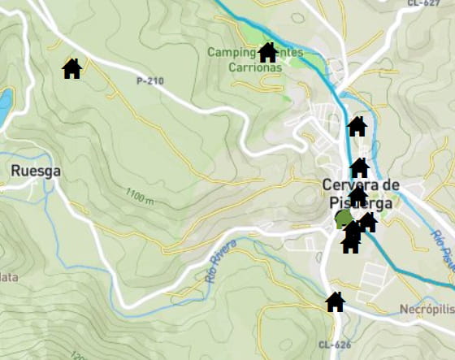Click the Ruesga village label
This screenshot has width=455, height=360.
point(37,171)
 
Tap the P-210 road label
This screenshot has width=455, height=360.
point(150,80)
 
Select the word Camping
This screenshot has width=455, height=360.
point(232,53)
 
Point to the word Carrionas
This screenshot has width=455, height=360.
point(256,67)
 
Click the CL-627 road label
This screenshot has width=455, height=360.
point(421,3)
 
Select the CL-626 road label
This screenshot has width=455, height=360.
point(335,345)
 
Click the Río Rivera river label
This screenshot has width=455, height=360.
point(221,260)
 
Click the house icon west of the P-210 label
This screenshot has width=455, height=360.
point(72,68)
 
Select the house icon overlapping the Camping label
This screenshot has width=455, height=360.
point(267,53)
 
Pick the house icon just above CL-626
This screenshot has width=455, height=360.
point(335,302)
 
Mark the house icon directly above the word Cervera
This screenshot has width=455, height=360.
point(359,168)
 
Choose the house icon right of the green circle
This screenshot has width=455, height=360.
point(367,222)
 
